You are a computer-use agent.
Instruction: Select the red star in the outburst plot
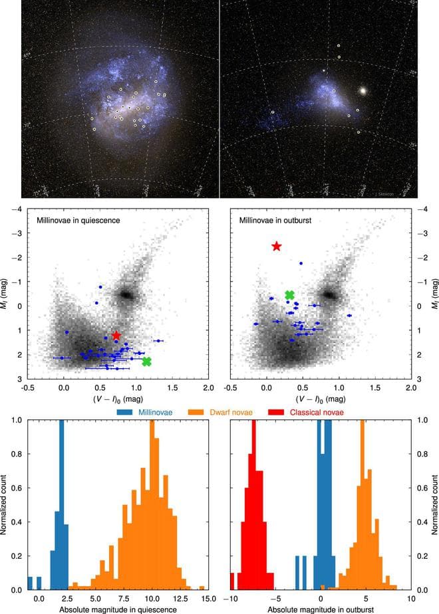click(x=277, y=247)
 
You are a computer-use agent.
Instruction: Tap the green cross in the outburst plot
click(x=289, y=295)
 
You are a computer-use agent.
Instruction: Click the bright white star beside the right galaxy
click(x=363, y=89)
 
